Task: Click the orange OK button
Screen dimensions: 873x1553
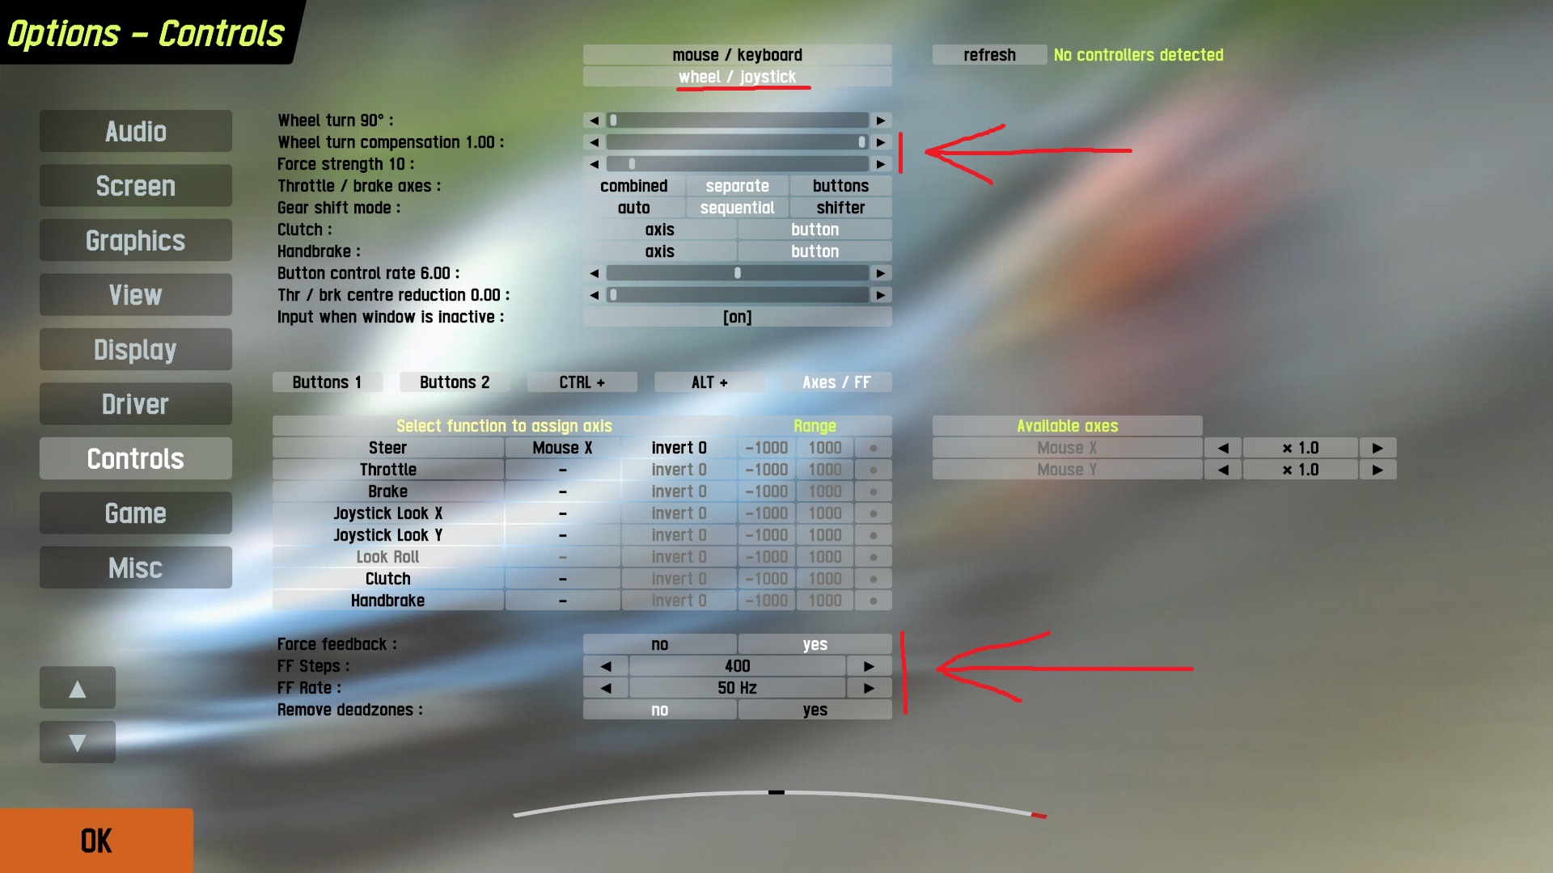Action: coord(96,841)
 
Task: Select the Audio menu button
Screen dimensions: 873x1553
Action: coord(136,132)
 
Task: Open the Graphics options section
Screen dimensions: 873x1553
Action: coord(136,241)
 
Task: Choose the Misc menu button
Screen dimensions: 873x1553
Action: coord(136,568)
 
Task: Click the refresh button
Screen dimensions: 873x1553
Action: coord(989,55)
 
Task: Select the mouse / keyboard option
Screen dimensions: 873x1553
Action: coord(737,55)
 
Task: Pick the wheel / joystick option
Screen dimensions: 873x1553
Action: coord(737,77)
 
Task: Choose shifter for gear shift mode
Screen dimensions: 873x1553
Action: coord(840,208)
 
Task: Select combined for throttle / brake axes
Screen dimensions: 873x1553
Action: coord(634,186)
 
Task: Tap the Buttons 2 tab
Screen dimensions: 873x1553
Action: coord(455,382)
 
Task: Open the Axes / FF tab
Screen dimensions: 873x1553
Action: coord(836,382)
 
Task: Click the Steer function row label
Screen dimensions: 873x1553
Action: coord(388,448)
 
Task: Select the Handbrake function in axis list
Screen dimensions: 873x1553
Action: coord(388,601)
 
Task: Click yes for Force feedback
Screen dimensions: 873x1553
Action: coord(815,644)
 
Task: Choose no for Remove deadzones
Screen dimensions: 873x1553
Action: coord(660,710)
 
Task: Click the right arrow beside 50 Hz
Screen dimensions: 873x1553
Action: coord(869,688)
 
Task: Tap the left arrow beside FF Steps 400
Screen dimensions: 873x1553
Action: coord(606,666)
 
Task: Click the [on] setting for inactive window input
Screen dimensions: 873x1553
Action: coord(737,317)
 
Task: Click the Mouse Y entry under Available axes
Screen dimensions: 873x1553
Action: coord(1067,470)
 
